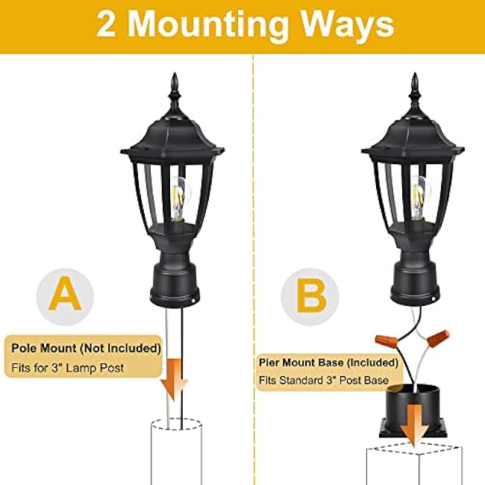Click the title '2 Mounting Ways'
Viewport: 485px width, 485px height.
click(245, 25)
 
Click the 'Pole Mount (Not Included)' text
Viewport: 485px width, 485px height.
click(86, 348)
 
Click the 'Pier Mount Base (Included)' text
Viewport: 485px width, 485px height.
click(328, 362)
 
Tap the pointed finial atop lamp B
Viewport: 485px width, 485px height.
click(414, 90)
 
